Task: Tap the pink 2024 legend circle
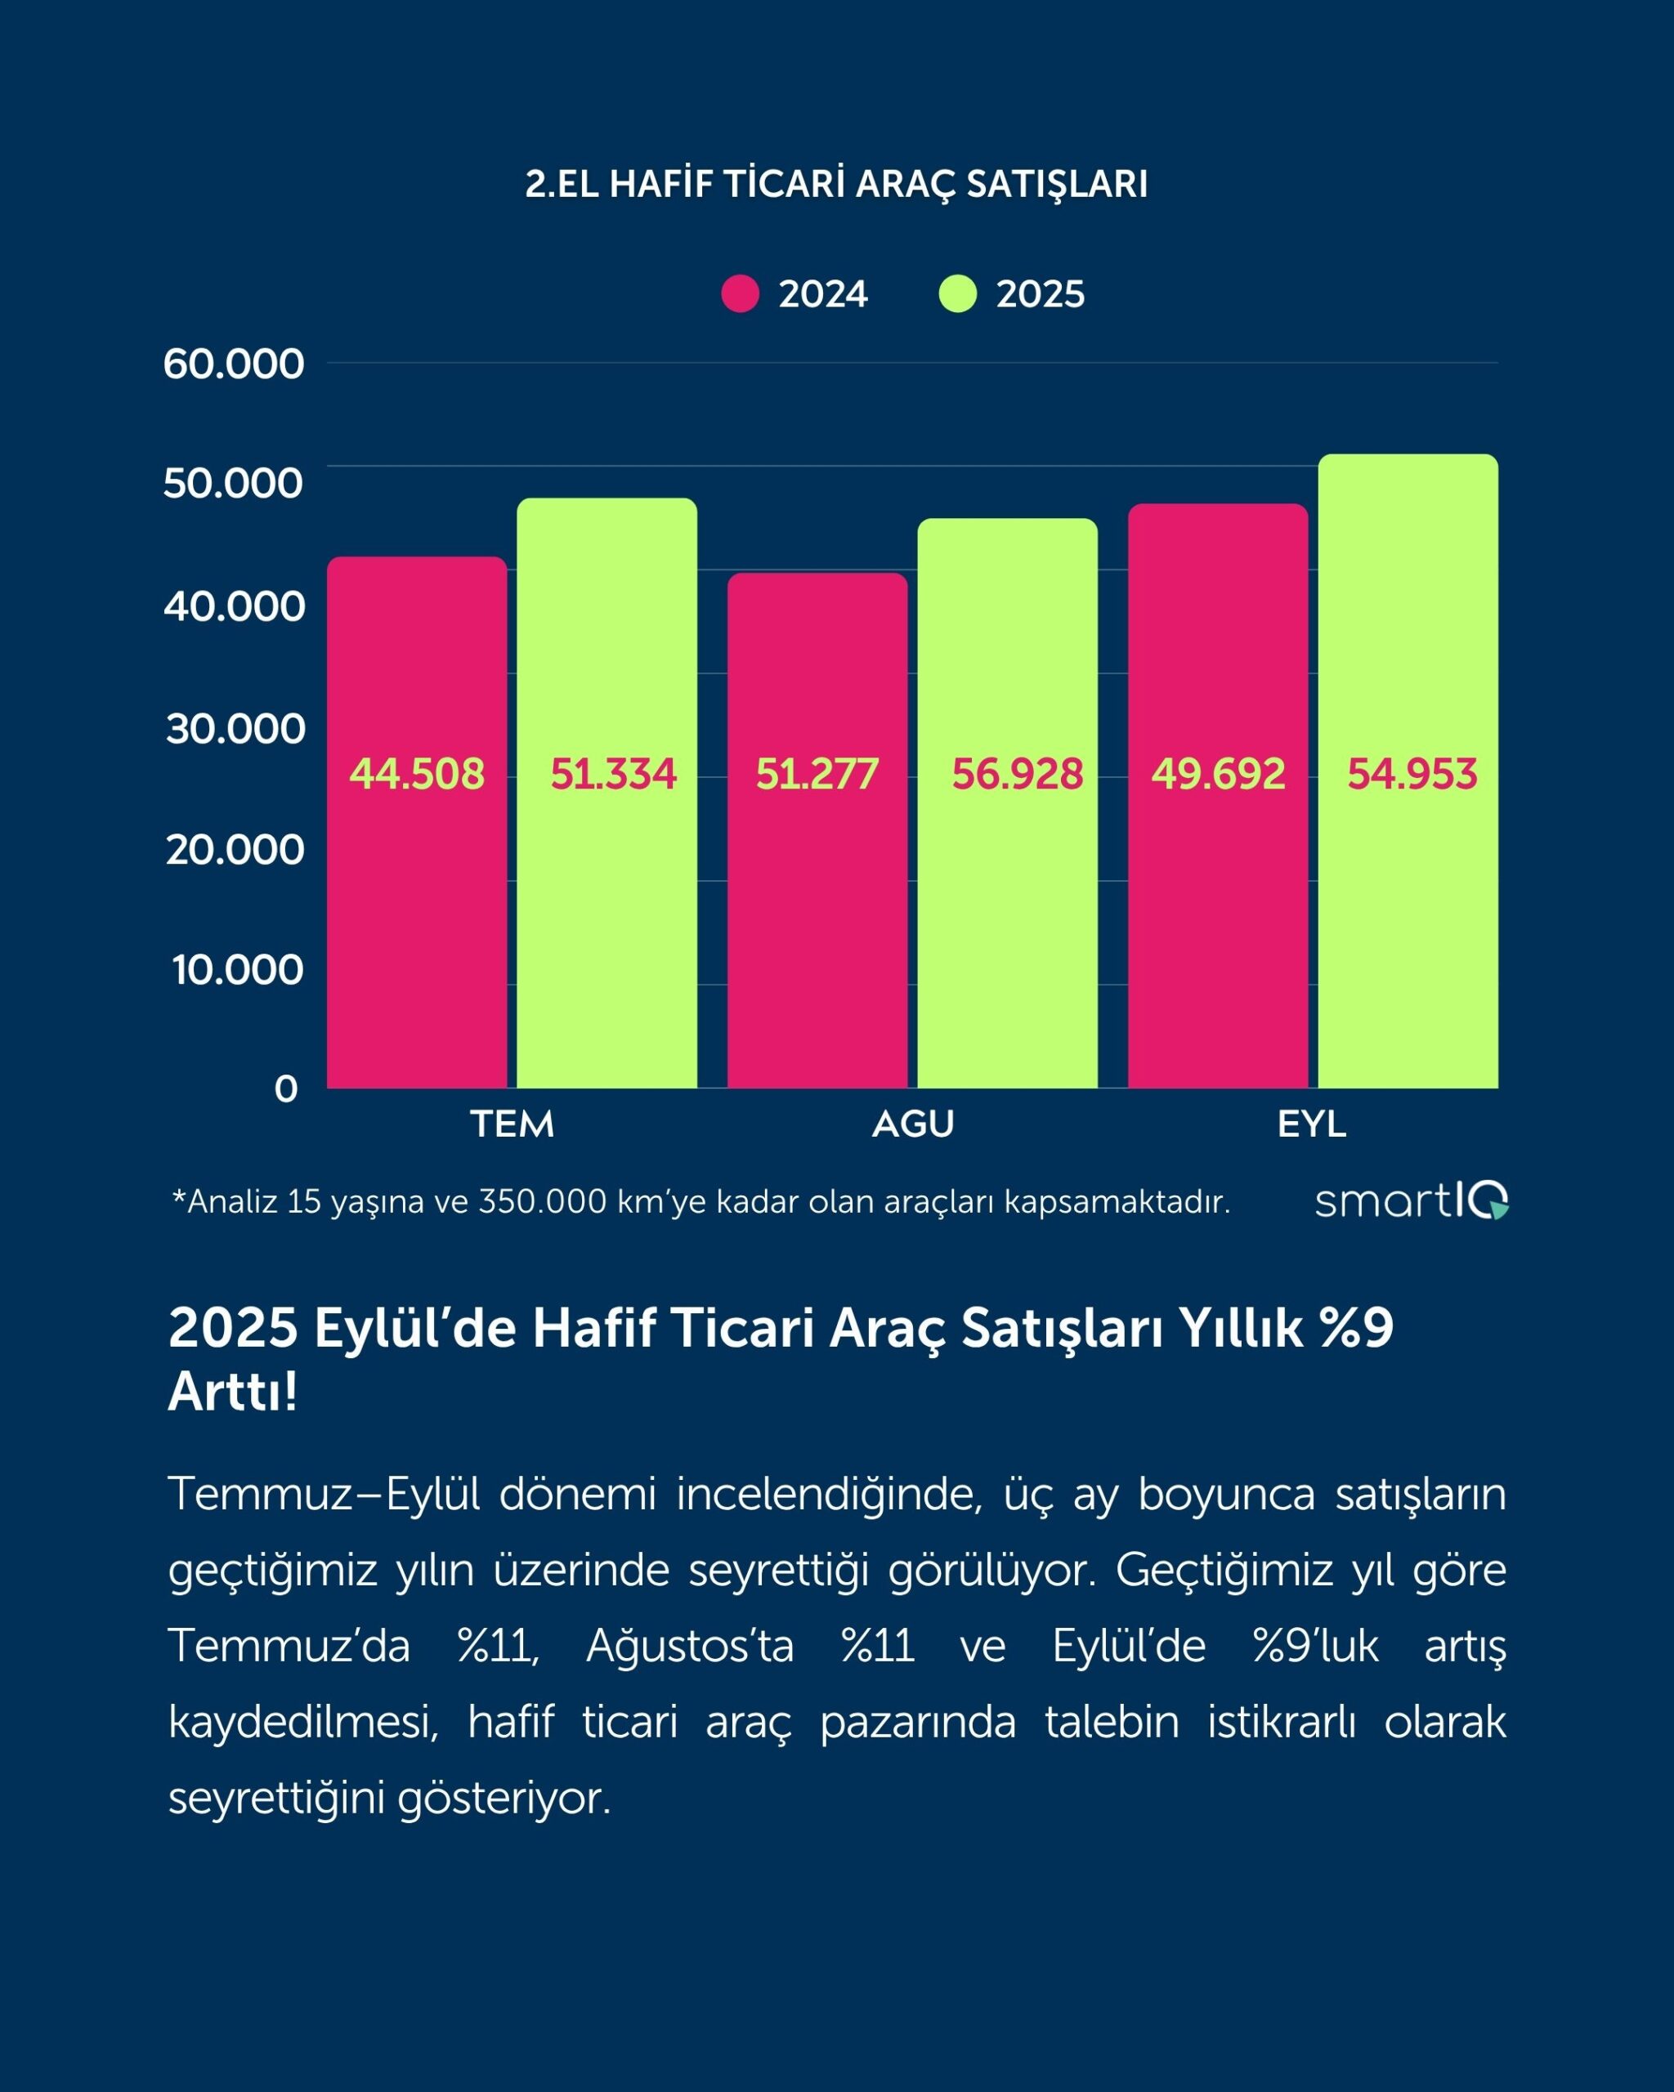[741, 294]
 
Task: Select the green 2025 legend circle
[958, 294]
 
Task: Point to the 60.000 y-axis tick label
[233, 364]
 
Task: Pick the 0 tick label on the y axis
[285, 1088]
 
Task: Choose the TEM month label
[512, 1124]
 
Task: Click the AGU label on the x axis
[912, 1124]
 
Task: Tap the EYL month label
[1312, 1124]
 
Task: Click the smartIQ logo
[1411, 1201]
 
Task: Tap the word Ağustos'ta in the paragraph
[690, 1646]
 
